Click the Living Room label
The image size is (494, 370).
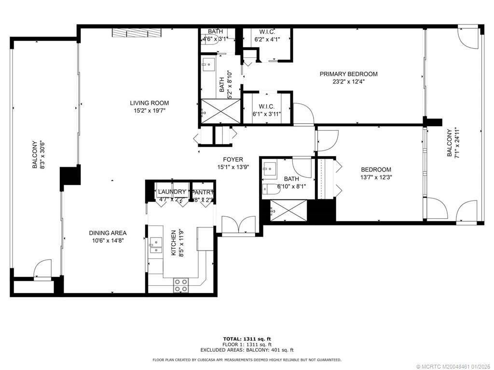pyautogui.click(x=149, y=103)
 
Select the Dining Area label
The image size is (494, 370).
pyautogui.click(x=108, y=233)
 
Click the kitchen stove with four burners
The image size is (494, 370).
pyautogui.click(x=181, y=285)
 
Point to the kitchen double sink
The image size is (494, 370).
pyautogui.click(x=155, y=245)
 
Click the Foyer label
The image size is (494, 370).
pyautogui.click(x=233, y=159)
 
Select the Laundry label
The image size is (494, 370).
pyautogui.click(x=172, y=192)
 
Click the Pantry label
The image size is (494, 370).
pyautogui.click(x=203, y=192)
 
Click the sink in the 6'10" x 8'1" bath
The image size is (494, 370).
pyautogui.click(x=269, y=169)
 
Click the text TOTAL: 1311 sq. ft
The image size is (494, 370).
pyautogui.click(x=247, y=339)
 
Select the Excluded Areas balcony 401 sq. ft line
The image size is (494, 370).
pyautogui.click(x=247, y=350)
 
